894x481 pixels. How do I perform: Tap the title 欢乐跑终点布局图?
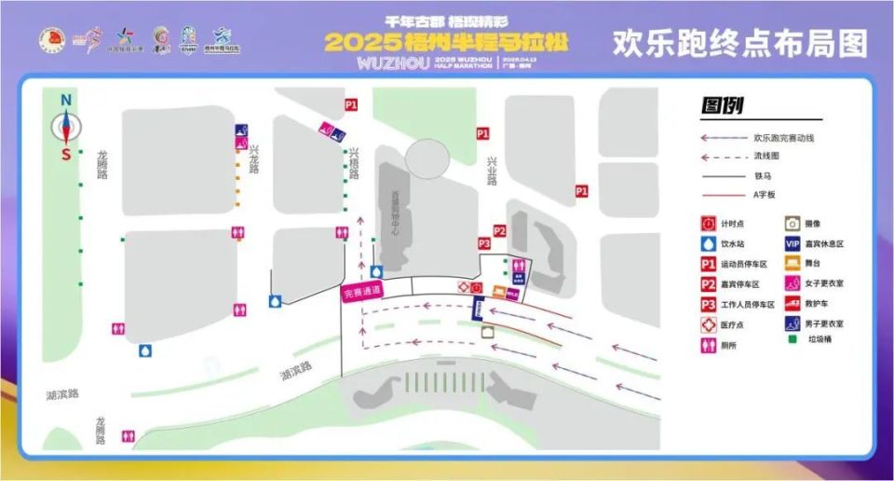(739, 43)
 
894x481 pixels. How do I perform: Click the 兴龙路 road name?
(254, 160)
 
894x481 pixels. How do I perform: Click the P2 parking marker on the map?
(499, 231)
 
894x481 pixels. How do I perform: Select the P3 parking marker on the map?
(484, 243)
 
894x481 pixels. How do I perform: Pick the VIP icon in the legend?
(792, 244)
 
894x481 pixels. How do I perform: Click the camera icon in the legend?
(792, 224)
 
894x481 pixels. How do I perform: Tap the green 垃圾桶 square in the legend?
(792, 340)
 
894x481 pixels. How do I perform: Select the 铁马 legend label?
(764, 175)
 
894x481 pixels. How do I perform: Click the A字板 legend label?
(764, 195)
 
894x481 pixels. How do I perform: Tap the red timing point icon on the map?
(476, 288)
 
